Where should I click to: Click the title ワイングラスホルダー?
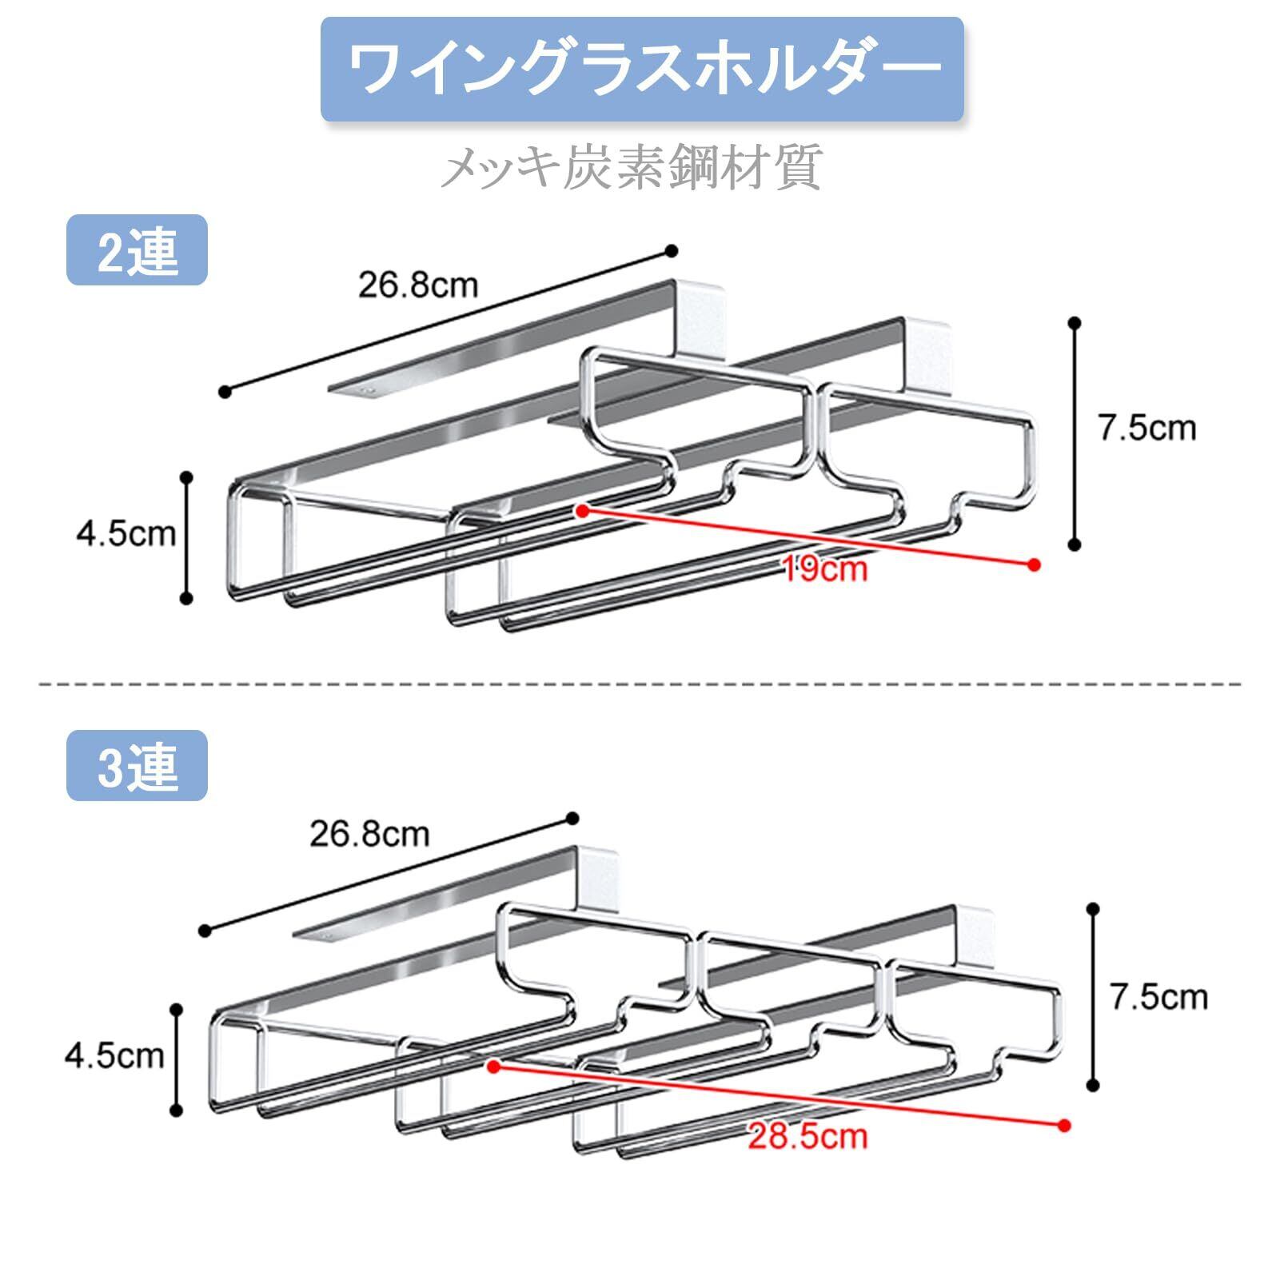[x=642, y=70]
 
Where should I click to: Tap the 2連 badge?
[x=137, y=250]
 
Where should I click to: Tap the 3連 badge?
[x=137, y=766]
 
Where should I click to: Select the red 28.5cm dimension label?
[x=807, y=1135]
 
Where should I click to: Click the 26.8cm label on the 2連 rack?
[x=418, y=284]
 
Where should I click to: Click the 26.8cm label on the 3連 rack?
[x=369, y=834]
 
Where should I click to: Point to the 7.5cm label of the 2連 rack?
[x=1147, y=428]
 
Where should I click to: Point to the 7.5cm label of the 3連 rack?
[x=1158, y=997]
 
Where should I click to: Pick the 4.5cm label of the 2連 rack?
[x=126, y=533]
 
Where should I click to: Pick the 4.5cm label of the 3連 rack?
[x=114, y=1056]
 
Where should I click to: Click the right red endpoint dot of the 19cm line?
[x=1035, y=564]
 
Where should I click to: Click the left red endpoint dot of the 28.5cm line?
[x=493, y=1067]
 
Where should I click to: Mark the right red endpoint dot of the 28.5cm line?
[x=1063, y=1125]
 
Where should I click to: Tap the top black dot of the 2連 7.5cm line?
[x=1075, y=323]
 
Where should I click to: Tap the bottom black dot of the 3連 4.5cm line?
[x=177, y=1110]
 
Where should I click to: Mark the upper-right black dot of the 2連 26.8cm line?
[x=672, y=251]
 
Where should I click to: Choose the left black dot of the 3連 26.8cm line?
[x=205, y=930]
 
